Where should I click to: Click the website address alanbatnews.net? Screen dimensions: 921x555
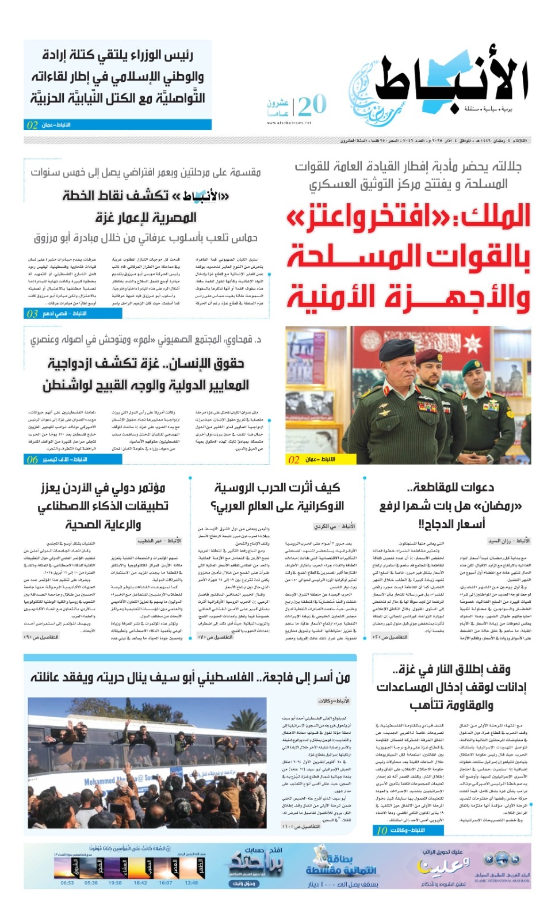click(289, 123)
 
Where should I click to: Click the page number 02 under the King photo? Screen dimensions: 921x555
click(294, 459)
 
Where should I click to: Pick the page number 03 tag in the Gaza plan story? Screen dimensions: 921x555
click(32, 314)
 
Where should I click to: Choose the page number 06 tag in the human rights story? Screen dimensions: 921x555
click(32, 459)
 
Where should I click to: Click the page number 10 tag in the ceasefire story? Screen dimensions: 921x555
click(382, 830)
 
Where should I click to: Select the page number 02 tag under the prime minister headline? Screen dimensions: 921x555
click(32, 124)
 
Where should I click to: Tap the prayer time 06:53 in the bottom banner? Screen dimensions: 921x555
click(67, 882)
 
